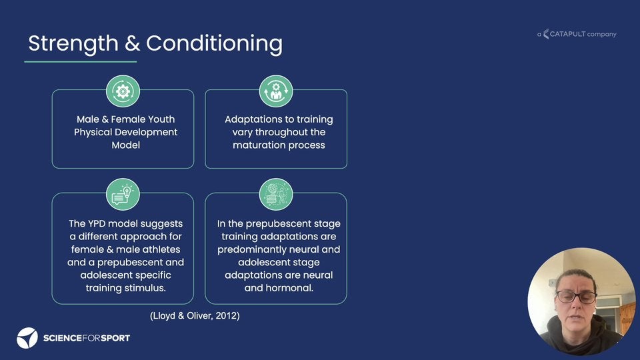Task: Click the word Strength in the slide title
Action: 73,44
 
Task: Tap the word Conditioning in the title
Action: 214,44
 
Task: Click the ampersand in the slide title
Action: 132,43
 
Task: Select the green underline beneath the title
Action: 81,61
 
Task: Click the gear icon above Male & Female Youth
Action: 123,91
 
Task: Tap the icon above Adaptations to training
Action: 276,91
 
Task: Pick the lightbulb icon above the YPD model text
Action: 123,194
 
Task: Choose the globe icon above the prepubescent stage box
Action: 276,194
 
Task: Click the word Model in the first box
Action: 126,145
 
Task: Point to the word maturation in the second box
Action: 259,145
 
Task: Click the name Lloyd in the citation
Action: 164,315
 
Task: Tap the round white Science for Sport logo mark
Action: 27,338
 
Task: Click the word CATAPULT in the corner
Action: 567,34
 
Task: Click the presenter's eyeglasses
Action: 576,297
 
